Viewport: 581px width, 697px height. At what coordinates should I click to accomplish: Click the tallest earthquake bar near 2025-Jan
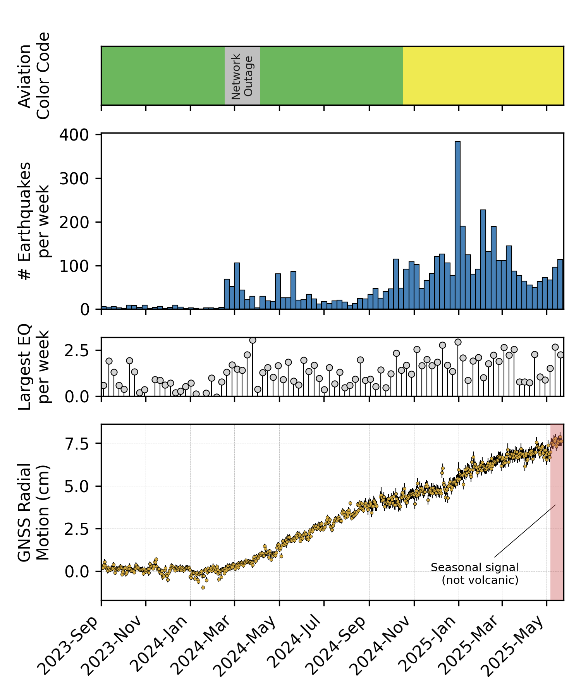pyautogui.click(x=457, y=225)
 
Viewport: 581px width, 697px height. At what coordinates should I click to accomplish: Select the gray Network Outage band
pyautogui.click(x=242, y=76)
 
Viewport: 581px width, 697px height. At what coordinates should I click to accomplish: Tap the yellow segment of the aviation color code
pyautogui.click(x=483, y=76)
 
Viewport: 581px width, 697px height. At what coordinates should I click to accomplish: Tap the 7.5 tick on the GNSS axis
pyautogui.click(x=77, y=443)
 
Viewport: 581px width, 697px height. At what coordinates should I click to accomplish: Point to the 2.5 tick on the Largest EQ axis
pyautogui.click(x=77, y=351)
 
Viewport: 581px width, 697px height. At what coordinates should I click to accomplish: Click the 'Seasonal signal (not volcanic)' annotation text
pyautogui.click(x=475, y=573)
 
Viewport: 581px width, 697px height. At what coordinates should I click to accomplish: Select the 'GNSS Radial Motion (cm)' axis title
pyautogui.click(x=34, y=512)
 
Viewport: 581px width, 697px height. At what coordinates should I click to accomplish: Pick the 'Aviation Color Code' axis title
pyautogui.click(x=34, y=76)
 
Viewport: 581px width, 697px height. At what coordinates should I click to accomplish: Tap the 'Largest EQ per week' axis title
pyautogui.click(x=34, y=367)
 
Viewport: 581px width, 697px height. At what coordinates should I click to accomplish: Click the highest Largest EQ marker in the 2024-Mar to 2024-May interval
pyautogui.click(x=253, y=340)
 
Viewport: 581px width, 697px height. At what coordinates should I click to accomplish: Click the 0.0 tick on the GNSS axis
pyautogui.click(x=77, y=572)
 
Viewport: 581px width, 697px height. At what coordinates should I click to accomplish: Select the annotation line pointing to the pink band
pyautogui.click(x=525, y=531)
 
